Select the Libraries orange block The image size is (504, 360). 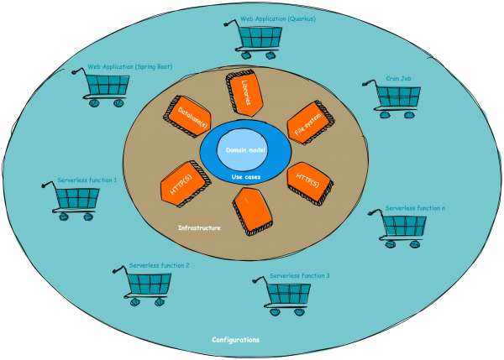click(x=244, y=94)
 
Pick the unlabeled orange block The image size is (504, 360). click(x=251, y=211)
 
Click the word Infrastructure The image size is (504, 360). click(x=201, y=227)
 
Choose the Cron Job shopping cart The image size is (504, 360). click(x=392, y=97)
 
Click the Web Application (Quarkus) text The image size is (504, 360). click(x=278, y=18)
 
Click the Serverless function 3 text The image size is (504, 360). click(x=306, y=275)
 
